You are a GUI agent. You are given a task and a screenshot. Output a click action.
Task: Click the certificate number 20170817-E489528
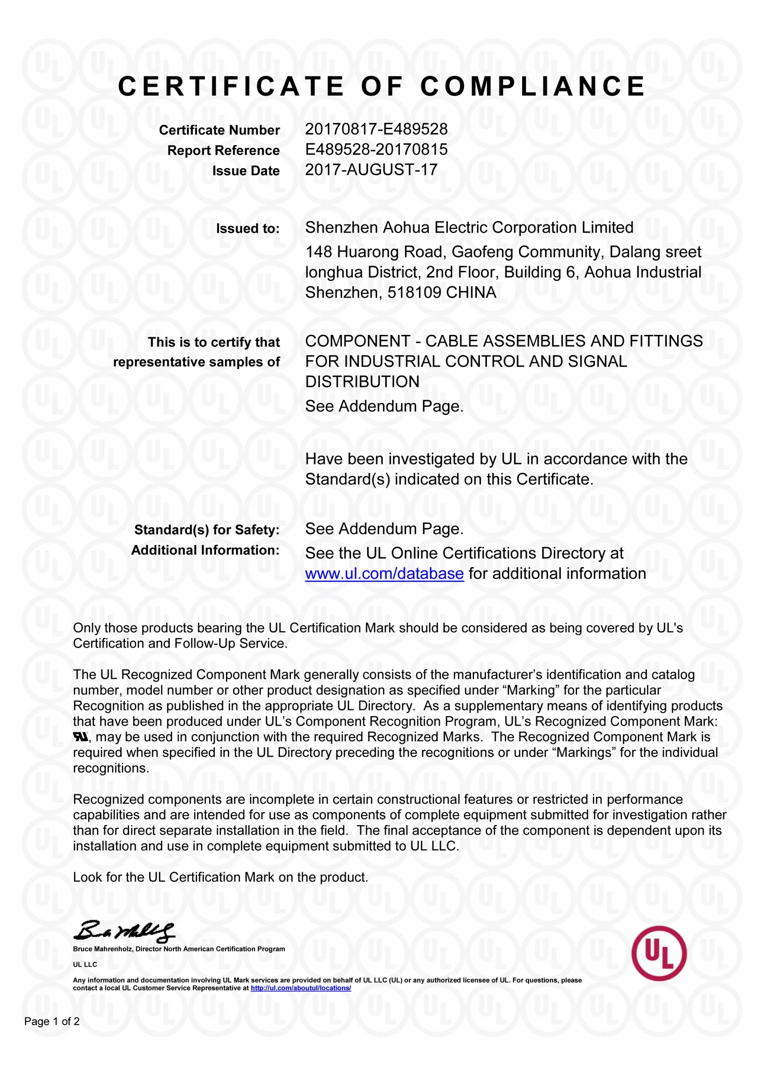(x=376, y=130)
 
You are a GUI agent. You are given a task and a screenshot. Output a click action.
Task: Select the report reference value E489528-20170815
(x=376, y=150)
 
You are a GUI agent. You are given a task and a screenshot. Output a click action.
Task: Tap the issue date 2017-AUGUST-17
(x=371, y=170)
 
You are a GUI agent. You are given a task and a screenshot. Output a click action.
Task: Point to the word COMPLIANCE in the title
(x=533, y=87)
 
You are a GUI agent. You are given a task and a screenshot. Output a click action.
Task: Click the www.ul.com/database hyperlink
(x=384, y=574)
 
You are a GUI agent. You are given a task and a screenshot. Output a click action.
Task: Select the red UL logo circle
(x=659, y=954)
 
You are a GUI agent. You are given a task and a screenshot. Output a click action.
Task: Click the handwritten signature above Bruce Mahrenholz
(x=124, y=931)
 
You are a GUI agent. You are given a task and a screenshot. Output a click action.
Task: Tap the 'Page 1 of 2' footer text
(x=52, y=1021)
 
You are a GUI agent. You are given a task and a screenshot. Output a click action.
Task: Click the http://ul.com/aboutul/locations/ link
(x=300, y=988)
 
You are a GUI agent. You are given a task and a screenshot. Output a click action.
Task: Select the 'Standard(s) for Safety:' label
(x=207, y=530)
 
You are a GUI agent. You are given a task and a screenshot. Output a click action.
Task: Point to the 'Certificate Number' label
(x=219, y=130)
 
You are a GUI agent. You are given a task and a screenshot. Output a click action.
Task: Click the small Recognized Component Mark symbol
(x=80, y=737)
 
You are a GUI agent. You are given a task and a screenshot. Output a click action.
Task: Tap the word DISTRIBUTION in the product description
(x=362, y=381)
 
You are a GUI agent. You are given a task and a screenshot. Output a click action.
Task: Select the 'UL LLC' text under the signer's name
(x=85, y=964)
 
